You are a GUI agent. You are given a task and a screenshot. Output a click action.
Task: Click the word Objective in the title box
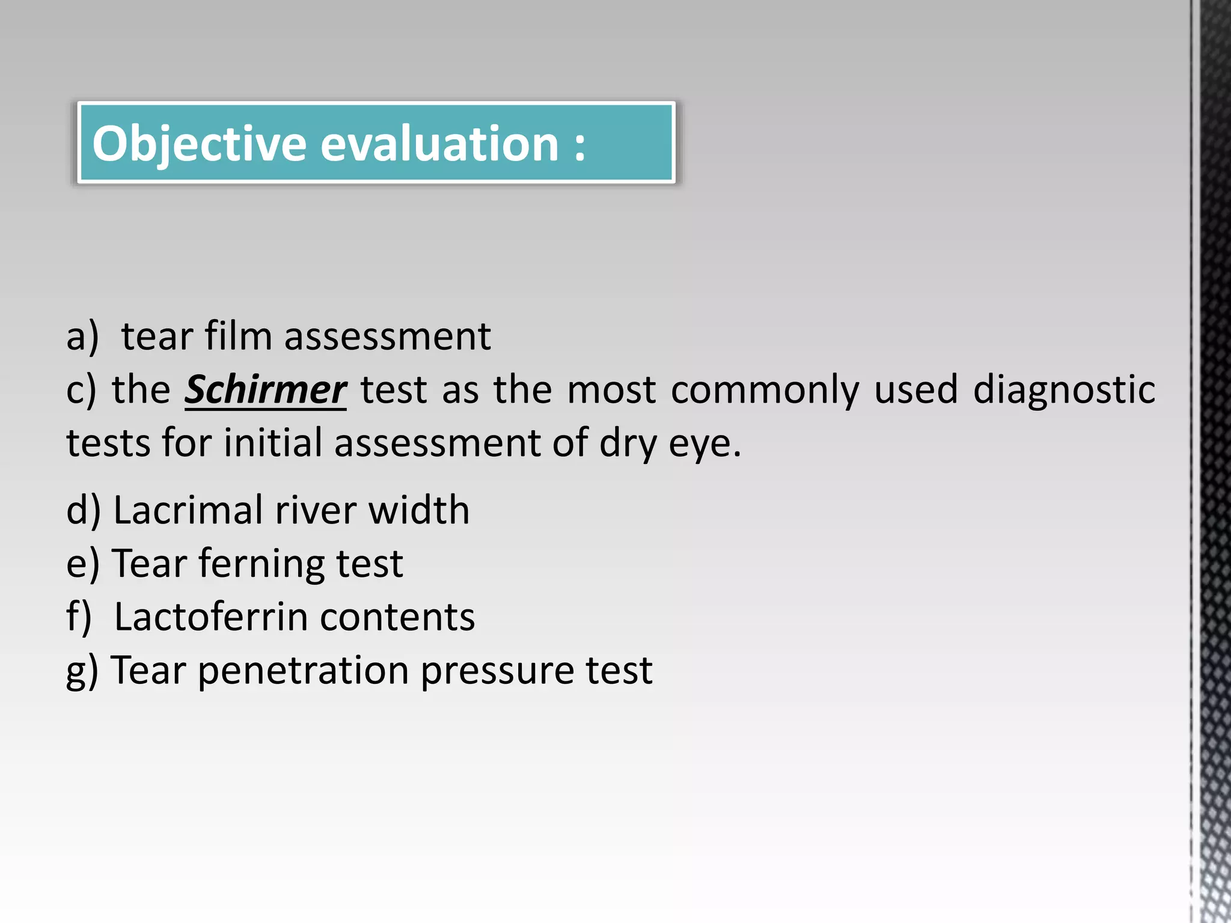click(x=199, y=144)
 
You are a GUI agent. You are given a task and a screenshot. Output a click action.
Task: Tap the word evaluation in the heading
click(x=439, y=144)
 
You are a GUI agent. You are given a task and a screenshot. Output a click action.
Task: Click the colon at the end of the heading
click(x=579, y=145)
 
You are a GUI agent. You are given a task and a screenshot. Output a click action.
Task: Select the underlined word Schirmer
click(x=265, y=390)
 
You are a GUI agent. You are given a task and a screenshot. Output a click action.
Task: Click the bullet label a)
click(x=82, y=336)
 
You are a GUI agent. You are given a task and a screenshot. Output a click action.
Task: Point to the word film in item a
click(x=238, y=336)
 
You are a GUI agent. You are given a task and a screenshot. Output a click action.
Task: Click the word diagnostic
click(x=1064, y=390)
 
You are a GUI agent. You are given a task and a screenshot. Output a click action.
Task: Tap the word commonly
click(x=765, y=390)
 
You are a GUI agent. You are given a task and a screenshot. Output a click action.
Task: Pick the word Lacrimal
click(x=188, y=510)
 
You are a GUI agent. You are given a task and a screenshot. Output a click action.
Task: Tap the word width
click(x=418, y=510)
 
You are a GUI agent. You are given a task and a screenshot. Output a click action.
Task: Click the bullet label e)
click(x=82, y=564)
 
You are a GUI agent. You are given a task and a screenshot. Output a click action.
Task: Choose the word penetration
click(x=303, y=671)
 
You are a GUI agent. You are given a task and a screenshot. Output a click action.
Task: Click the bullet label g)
click(x=82, y=671)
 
